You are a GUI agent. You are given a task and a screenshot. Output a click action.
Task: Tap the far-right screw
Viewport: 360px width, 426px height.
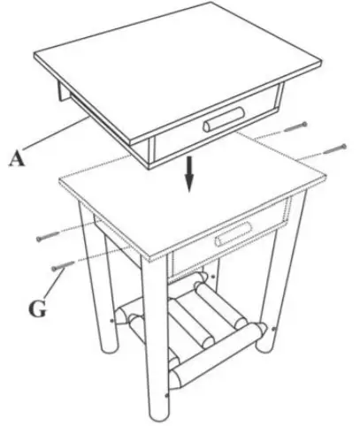(335, 147)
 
